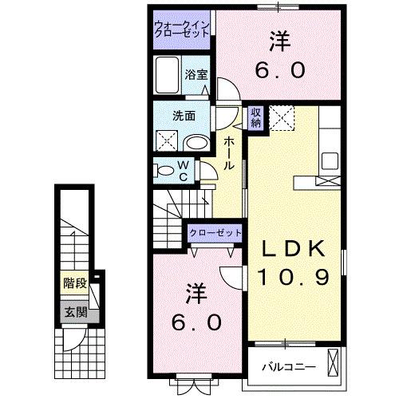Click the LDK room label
[295, 250]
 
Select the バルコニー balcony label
[289, 368]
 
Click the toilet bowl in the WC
[165, 170]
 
